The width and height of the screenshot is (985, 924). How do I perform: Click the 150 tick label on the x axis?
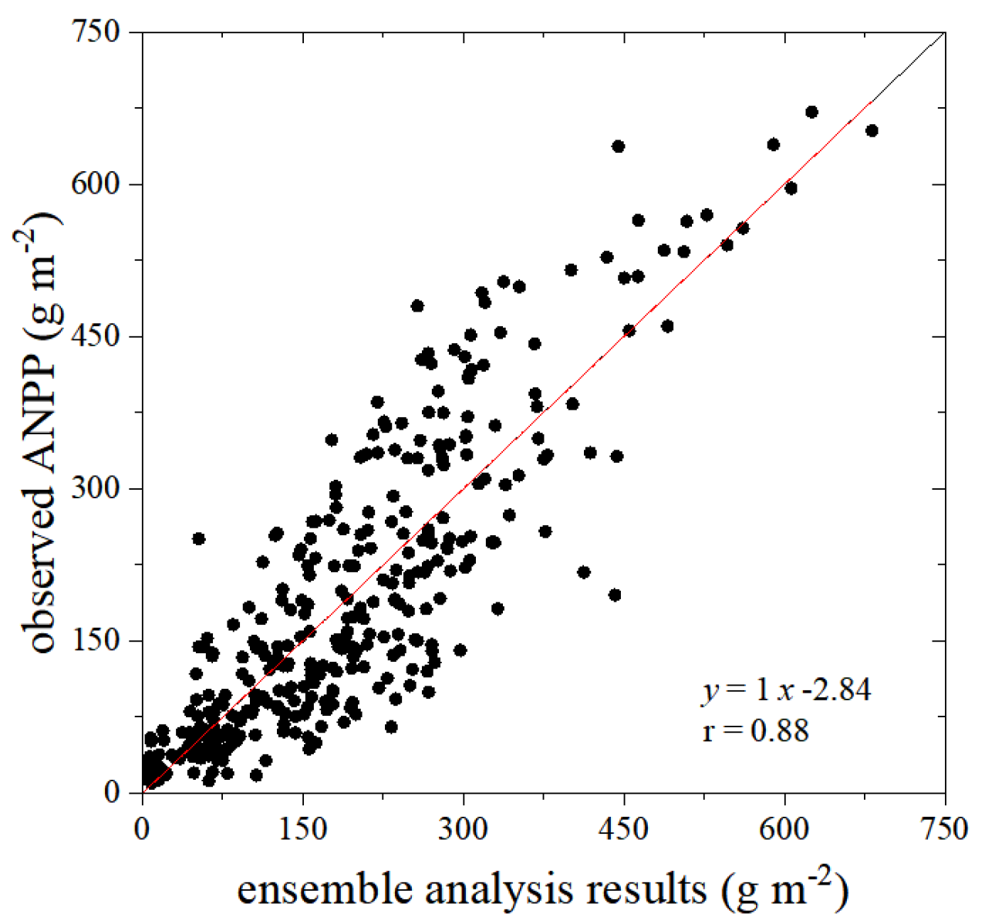click(x=303, y=829)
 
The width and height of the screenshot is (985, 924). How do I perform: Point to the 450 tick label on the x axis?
click(x=624, y=829)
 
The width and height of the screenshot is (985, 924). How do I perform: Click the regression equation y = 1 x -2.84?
click(x=786, y=690)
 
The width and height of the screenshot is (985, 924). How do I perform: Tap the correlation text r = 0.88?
click(x=755, y=730)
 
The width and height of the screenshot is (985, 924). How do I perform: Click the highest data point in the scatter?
click(x=811, y=112)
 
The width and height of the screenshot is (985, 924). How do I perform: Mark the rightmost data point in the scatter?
click(x=872, y=131)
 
